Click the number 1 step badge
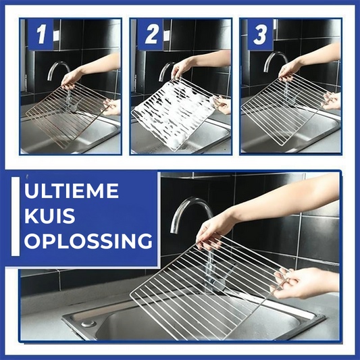pos(41,34)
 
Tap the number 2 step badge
pos(151,34)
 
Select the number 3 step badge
pos(260,34)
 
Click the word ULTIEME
pos(72,190)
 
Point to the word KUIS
pos(50,216)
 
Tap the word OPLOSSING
pos(88,241)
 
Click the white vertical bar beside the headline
pos(16,216)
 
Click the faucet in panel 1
pos(58,70)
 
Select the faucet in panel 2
pos(165,71)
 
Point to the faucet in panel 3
pos(275,60)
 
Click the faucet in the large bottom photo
pos(190,211)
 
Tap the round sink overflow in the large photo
pos(88,324)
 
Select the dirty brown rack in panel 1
pos(67,115)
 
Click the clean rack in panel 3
pos(285,110)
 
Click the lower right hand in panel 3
pos(332,101)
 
